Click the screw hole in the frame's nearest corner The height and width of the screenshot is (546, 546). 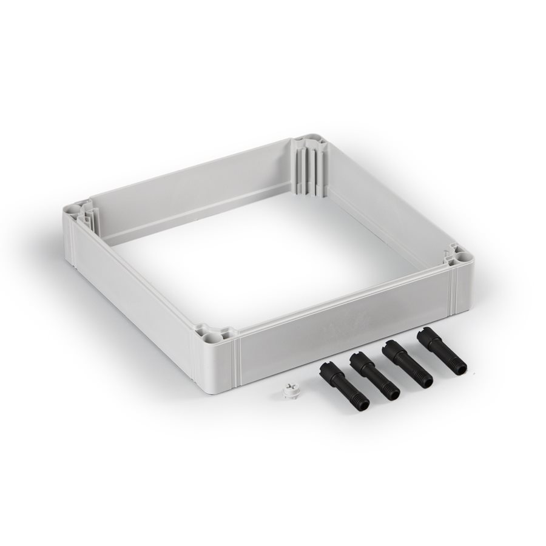tap(212, 335)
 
